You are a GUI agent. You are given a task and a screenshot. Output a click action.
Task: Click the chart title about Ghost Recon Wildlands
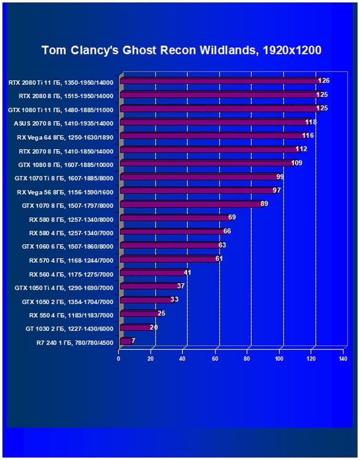coord(181,50)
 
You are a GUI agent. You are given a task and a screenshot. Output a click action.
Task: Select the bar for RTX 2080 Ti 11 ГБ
coord(219,81)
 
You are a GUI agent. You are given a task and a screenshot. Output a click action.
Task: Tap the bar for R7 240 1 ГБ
coord(126,341)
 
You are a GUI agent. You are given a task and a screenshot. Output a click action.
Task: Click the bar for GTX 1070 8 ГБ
coord(191,204)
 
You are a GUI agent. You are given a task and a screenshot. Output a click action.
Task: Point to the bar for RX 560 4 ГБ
coord(153,273)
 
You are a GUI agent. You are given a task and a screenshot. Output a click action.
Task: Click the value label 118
coord(311,122)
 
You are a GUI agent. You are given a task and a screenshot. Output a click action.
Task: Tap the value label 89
coord(265,204)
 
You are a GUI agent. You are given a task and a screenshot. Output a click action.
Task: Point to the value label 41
coord(187,273)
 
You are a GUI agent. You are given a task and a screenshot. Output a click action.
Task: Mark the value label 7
coord(133,341)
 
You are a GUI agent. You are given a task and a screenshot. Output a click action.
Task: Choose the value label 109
coord(297,163)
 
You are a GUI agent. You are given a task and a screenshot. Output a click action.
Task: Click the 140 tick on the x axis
coord(342,358)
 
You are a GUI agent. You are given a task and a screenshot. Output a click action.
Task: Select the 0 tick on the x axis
coord(119,358)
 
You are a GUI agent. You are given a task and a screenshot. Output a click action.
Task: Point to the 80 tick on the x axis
coord(247,358)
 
